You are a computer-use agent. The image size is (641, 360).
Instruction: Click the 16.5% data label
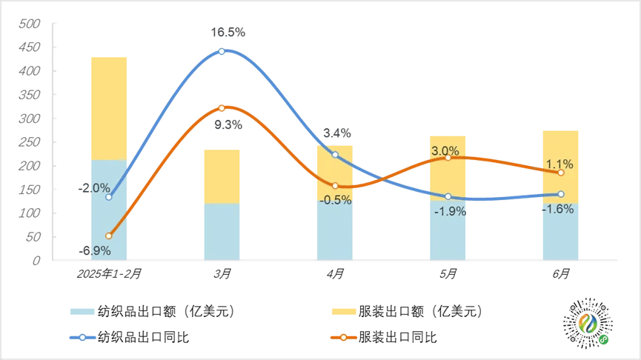click(x=227, y=33)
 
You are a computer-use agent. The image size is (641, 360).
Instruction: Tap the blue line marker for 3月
click(x=222, y=52)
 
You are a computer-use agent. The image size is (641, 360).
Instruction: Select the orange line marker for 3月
click(x=222, y=108)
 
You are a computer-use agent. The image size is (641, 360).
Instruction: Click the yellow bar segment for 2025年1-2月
click(x=109, y=108)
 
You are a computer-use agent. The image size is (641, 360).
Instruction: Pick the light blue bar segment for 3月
click(x=222, y=232)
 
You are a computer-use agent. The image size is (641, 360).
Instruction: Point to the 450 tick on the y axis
click(x=30, y=47)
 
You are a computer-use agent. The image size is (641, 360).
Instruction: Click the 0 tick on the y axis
click(x=37, y=261)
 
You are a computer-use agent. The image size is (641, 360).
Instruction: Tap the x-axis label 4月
click(x=335, y=273)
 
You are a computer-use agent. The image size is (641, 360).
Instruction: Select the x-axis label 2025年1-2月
click(x=109, y=273)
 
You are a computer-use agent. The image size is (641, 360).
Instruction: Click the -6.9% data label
click(x=94, y=250)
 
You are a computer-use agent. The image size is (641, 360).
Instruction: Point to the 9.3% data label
click(x=228, y=124)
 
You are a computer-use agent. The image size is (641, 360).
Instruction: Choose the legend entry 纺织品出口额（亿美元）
click(x=153, y=311)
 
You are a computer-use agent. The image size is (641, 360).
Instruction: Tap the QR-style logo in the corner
click(x=588, y=323)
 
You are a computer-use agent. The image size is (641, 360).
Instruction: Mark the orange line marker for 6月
click(x=561, y=173)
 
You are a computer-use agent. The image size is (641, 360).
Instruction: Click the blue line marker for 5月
click(x=448, y=196)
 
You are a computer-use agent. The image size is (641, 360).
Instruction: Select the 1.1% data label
click(x=559, y=164)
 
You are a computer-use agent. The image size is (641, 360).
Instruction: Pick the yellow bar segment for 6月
click(x=560, y=167)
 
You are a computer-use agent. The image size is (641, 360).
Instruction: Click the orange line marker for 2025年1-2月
click(x=109, y=236)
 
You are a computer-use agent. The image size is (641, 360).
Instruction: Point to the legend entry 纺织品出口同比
click(x=130, y=337)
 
